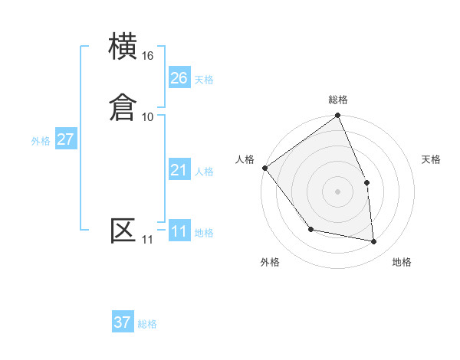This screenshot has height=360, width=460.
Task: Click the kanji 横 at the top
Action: [x=123, y=47]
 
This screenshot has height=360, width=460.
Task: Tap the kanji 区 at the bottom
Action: [x=123, y=231]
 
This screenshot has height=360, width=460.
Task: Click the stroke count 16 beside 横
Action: [x=148, y=56]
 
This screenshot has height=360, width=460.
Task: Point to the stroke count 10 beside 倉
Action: [x=148, y=116]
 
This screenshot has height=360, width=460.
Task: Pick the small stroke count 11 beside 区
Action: [x=147, y=240]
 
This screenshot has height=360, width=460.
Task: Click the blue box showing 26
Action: [x=179, y=78]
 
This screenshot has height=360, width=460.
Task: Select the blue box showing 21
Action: [x=179, y=170]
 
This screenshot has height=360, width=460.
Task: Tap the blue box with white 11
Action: [x=179, y=231]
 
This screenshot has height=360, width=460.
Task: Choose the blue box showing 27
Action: [x=66, y=139]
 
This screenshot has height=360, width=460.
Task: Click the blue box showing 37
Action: [x=123, y=322]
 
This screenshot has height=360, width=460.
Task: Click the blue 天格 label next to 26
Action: [x=204, y=80]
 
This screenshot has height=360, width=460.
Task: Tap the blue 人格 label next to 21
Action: [x=204, y=172]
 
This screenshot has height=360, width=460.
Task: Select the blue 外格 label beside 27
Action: [x=41, y=141]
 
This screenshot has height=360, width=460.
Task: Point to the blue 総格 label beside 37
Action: [x=147, y=324]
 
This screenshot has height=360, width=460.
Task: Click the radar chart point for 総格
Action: [x=337, y=116]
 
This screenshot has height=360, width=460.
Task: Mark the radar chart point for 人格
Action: [x=264, y=168]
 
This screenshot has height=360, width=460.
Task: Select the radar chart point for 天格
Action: [x=366, y=182]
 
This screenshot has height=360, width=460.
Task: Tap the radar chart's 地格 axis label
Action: [x=402, y=262]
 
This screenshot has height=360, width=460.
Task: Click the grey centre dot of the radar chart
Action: [x=337, y=191]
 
